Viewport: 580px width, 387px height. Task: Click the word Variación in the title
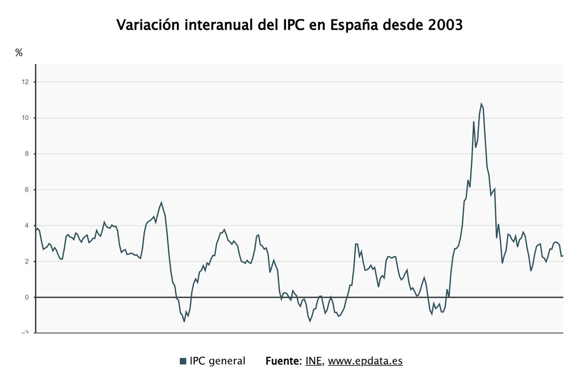147,25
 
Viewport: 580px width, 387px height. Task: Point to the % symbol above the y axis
19,53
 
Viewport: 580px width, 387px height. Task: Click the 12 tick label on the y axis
25,82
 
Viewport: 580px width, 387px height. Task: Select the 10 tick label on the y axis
25,118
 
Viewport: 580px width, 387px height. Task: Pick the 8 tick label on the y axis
27,154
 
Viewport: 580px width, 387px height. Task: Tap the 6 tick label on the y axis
27,190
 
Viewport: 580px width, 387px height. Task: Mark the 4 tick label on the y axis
27,225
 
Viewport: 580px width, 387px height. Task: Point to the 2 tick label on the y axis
27,261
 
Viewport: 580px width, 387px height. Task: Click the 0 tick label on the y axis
27,297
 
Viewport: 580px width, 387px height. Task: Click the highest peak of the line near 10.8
481,104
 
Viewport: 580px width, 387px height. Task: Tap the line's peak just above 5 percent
161,203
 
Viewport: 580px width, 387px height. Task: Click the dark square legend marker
183,361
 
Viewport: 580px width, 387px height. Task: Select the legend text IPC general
217,361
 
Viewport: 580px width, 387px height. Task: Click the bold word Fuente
283,361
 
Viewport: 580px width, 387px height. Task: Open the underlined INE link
314,361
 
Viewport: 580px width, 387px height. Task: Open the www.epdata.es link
365,361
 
